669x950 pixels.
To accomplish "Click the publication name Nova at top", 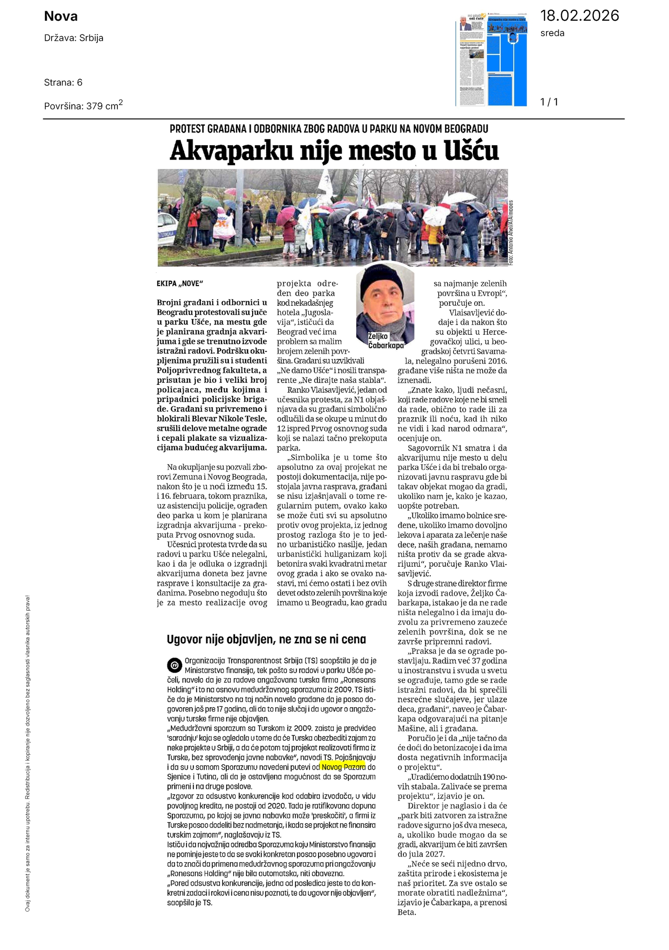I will [x=61, y=17].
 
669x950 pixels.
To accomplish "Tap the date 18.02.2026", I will [x=580, y=16].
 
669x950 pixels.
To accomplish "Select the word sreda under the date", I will [x=552, y=33].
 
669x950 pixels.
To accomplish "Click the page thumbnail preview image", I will [x=491, y=60].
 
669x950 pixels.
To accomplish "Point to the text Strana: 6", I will [x=63, y=83].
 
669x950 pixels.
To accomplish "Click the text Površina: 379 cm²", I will [x=83, y=105].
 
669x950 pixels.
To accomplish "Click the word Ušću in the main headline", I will [x=471, y=151].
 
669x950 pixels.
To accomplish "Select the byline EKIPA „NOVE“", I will [x=180, y=283].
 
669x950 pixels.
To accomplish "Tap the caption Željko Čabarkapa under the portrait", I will [x=385, y=341].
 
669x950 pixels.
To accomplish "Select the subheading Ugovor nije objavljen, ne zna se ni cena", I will [x=266, y=640].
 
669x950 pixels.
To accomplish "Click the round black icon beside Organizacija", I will [x=174, y=665].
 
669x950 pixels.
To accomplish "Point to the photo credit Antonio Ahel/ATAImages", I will [x=511, y=232].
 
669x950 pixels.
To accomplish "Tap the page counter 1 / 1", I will [x=549, y=102].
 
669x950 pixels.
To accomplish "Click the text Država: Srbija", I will [x=74, y=38].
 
